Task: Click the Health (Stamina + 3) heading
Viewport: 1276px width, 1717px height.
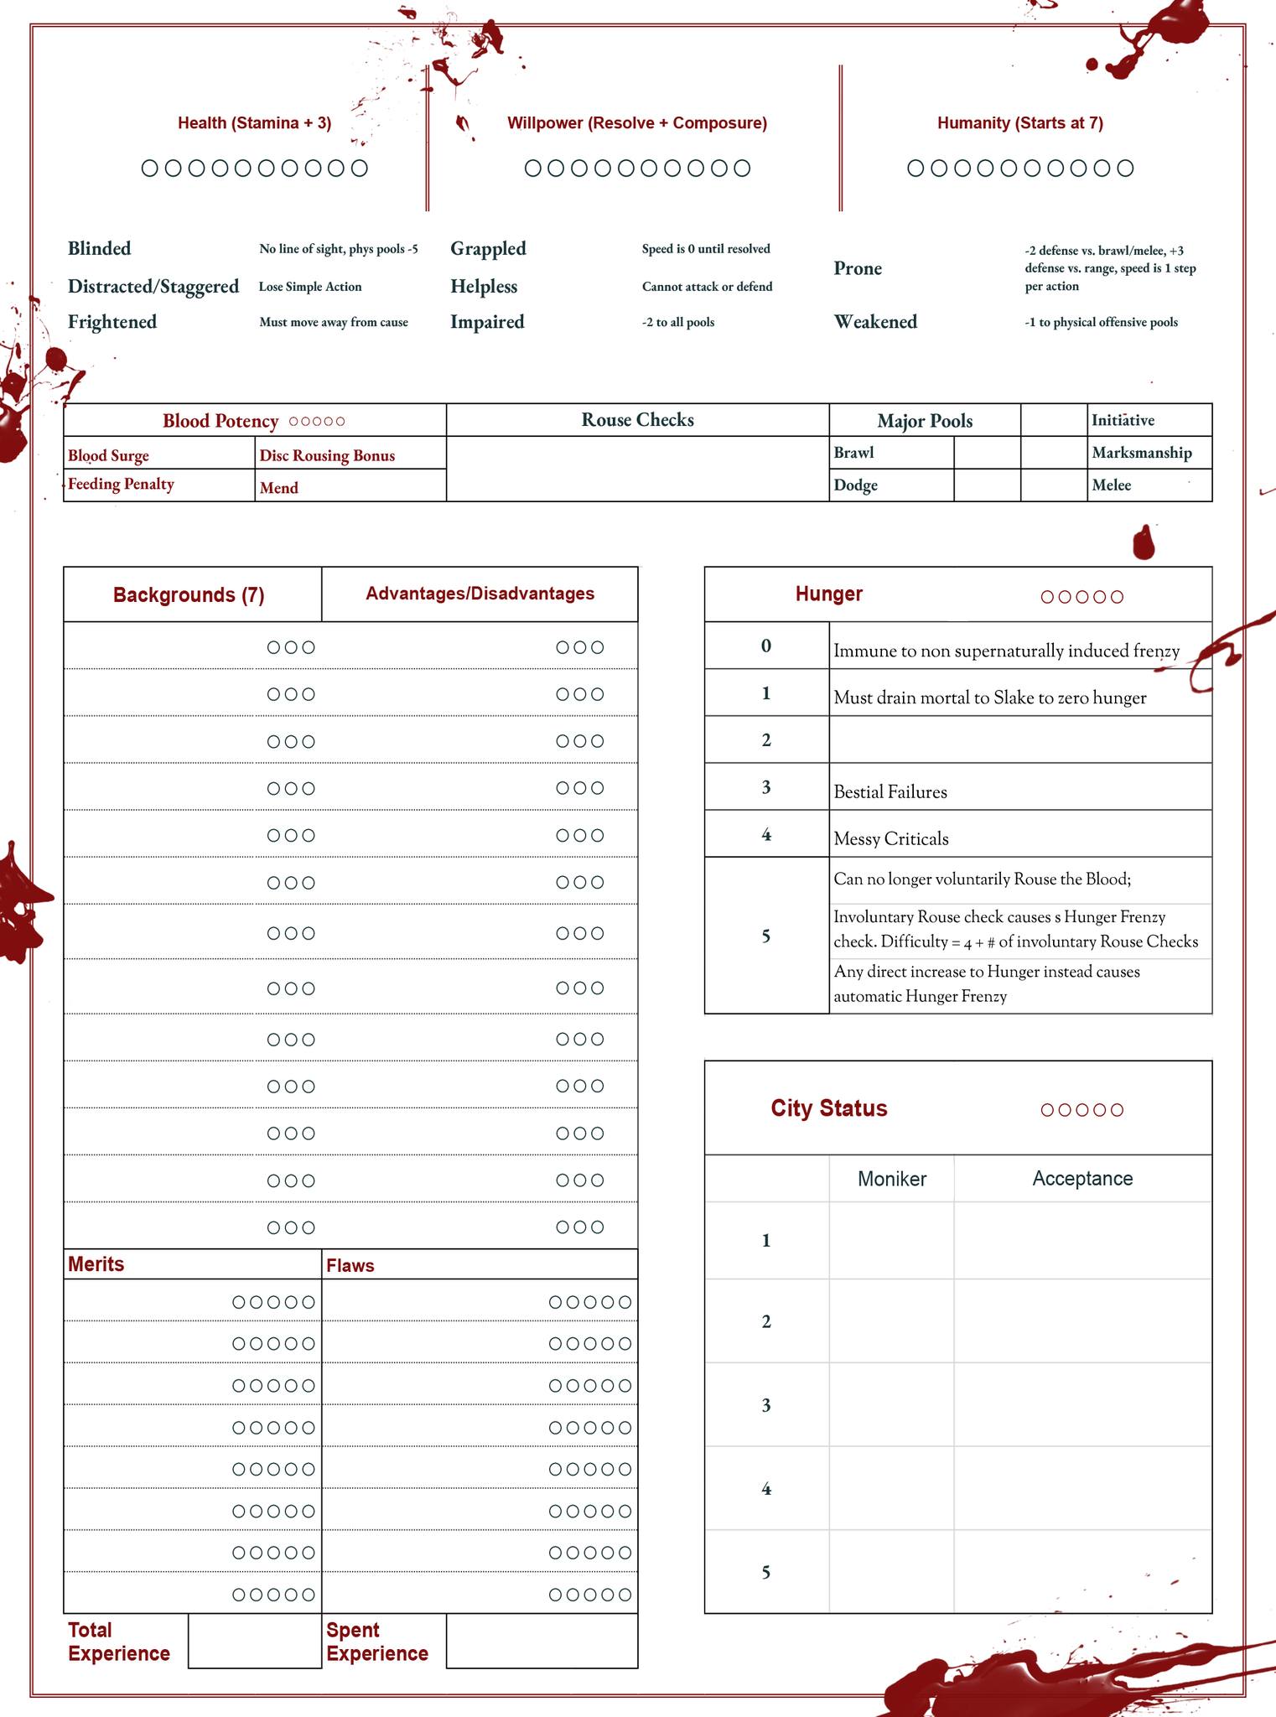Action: [254, 123]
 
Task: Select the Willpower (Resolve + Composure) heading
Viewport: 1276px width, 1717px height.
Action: [636, 123]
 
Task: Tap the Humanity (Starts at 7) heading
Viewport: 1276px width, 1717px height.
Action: [1019, 123]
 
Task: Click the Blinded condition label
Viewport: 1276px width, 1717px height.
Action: [99, 248]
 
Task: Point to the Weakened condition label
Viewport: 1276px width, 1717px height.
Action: [874, 322]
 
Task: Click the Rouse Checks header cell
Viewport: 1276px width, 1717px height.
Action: [637, 420]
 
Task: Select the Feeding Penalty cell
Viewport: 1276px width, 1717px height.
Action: [121, 484]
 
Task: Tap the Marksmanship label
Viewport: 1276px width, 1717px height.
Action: [1141, 453]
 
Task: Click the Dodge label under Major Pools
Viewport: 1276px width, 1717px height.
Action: [855, 485]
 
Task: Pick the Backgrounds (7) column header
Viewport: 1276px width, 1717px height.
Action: [189, 594]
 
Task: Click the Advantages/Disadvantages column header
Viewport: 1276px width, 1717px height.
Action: [480, 594]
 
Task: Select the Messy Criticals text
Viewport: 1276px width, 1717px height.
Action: [890, 839]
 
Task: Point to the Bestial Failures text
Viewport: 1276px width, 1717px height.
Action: [890, 792]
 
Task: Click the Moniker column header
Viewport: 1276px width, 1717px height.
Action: [891, 1179]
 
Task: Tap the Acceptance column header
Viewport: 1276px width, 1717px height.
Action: [1081, 1179]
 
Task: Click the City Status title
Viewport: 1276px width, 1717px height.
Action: [828, 1108]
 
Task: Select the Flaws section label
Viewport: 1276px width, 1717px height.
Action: [350, 1265]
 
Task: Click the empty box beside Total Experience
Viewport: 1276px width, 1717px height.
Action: [255, 1641]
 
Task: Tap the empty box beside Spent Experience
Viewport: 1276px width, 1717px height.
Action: [542, 1641]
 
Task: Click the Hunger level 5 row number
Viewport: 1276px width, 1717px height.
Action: [765, 936]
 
